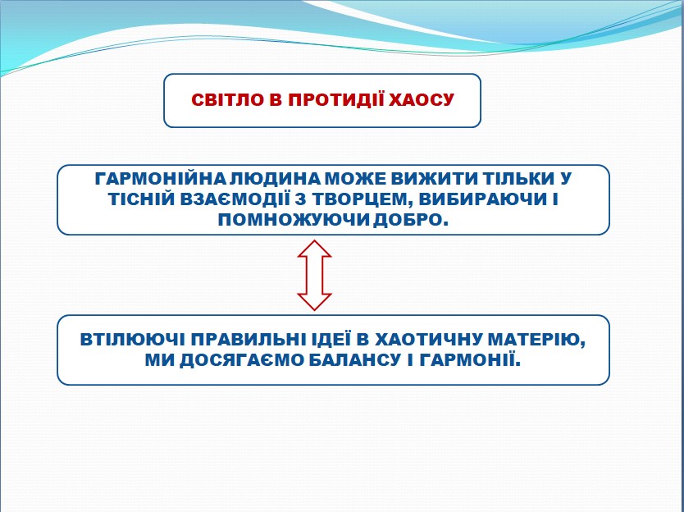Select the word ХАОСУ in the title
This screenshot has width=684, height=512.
(x=422, y=100)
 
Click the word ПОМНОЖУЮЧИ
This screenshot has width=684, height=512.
(x=294, y=220)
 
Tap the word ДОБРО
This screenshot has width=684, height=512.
(x=411, y=220)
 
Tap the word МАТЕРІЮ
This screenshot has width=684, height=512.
(x=537, y=340)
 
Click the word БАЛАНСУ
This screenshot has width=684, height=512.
(x=354, y=360)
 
